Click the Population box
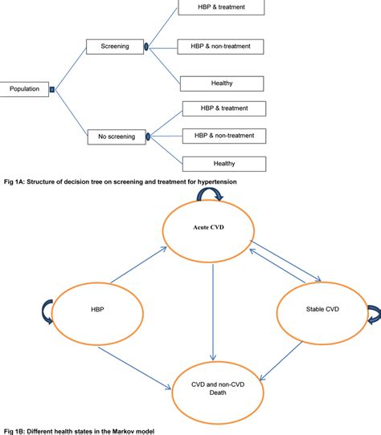click(25, 89)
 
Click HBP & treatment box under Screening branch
click(222, 8)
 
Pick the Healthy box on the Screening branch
click(222, 83)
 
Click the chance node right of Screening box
click(146, 47)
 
